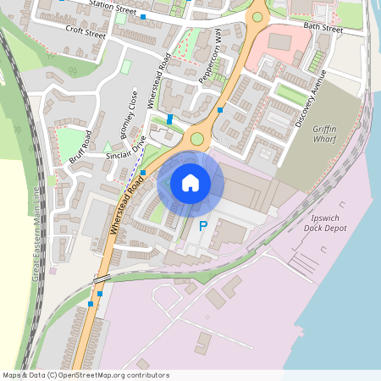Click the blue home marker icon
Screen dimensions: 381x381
190,182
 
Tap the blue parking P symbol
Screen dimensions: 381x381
202,226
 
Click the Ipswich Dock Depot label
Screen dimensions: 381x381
325,223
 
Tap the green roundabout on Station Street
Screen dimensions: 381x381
257,16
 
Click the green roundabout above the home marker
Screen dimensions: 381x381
197,139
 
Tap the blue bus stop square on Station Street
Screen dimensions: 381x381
143,16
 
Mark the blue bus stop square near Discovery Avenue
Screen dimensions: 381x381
220,110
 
